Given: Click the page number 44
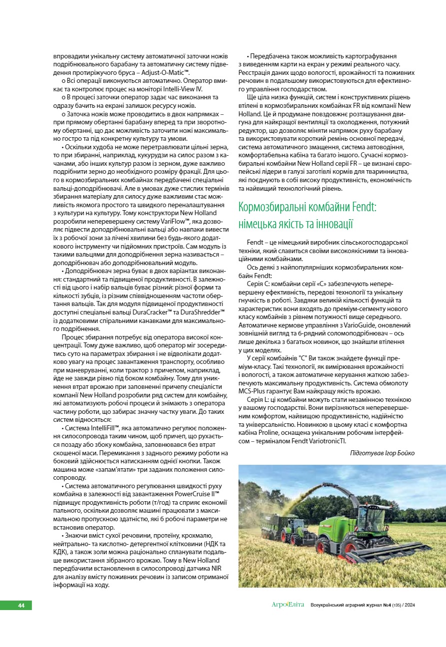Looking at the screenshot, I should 21,606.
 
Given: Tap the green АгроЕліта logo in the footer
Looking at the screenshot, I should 287,606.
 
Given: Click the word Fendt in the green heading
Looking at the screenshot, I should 360,206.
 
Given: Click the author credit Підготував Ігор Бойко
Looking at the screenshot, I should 382,453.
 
